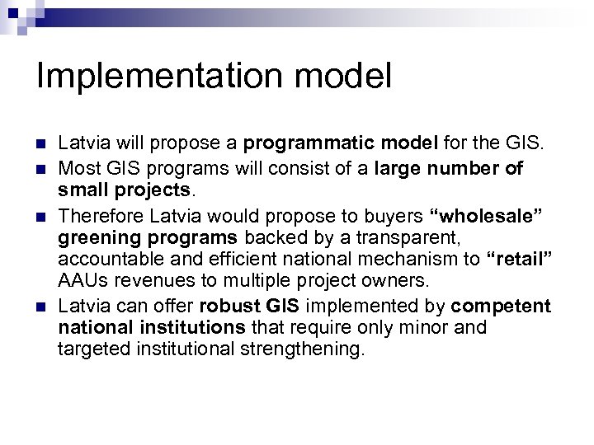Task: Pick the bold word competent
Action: (502, 307)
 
